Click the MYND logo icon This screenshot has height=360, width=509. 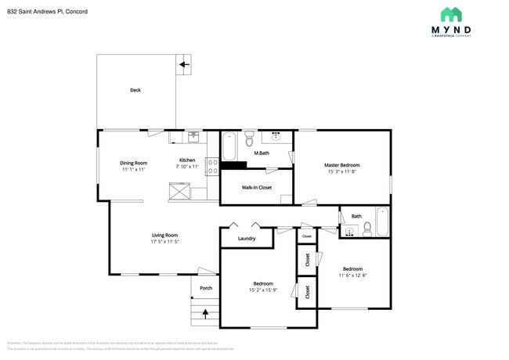[x=450, y=14]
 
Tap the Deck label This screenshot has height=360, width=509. [x=135, y=90]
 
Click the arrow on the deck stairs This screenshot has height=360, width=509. [x=185, y=64]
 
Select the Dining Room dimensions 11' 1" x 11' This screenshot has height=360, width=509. [x=134, y=169]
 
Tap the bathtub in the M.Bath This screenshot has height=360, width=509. [x=229, y=146]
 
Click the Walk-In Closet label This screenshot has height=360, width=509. [x=257, y=187]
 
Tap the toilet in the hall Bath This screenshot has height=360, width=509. [x=366, y=229]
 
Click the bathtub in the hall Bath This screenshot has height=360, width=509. [x=381, y=221]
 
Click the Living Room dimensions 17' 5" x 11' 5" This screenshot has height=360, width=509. [x=165, y=241]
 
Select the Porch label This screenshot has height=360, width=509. [x=206, y=288]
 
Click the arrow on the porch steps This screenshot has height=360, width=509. [x=206, y=314]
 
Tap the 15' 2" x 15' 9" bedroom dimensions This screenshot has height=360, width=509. [x=263, y=290]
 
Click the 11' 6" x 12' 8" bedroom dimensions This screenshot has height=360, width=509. [x=352, y=275]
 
